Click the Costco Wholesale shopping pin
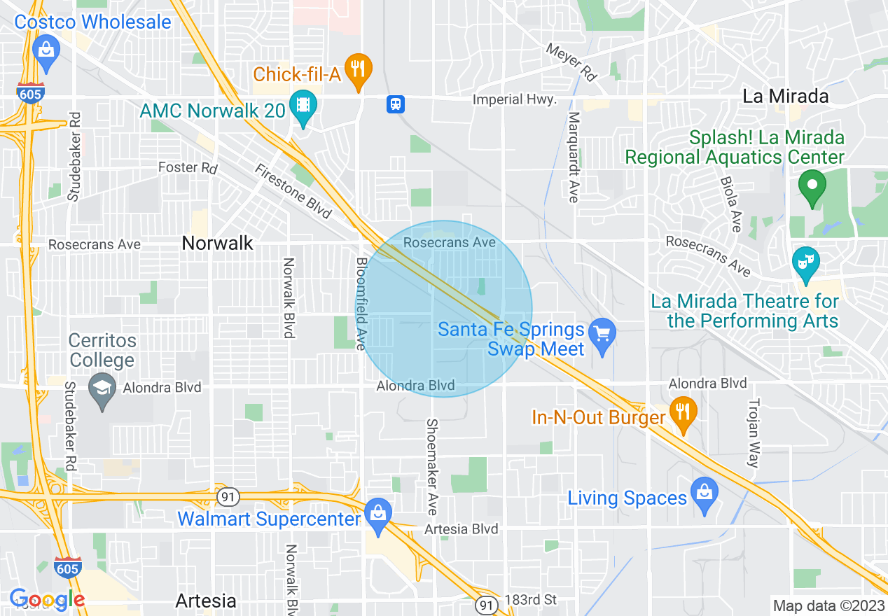[46, 51]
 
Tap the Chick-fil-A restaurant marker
[358, 69]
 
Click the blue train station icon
[396, 104]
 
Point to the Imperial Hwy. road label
[514, 99]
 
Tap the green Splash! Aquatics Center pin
[812, 186]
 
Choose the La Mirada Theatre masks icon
[805, 262]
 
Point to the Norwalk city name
[217, 243]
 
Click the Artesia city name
[206, 601]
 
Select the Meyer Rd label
[571, 62]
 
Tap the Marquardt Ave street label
[574, 157]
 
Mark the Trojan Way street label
[754, 433]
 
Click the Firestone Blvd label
[293, 191]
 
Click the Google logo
[47, 599]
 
